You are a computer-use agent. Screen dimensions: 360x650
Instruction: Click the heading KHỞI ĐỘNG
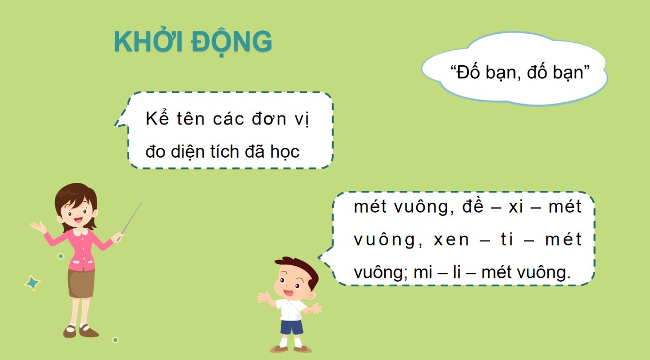coord(193,41)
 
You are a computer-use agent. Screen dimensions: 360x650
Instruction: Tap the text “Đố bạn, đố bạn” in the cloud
coord(520,73)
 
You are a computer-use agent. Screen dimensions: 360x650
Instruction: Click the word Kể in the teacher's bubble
coord(154,119)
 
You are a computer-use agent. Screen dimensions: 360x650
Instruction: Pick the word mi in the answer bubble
coord(421,272)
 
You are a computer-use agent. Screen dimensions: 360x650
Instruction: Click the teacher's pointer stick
coord(131,217)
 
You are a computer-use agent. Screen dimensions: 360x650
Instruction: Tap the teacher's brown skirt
coord(81,283)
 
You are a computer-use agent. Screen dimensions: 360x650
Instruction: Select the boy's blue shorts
coord(292,327)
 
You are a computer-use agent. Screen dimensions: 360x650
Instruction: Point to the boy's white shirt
coord(291,308)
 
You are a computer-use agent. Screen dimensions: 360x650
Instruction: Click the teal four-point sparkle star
coord(32,282)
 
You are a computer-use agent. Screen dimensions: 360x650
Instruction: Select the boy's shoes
coord(292,348)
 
